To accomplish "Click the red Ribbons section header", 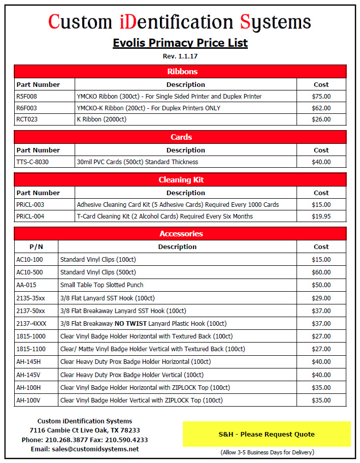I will pyautogui.click(x=180, y=71).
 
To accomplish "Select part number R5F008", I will pyautogui.click(x=26, y=96).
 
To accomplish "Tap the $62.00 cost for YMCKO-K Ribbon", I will pyautogui.click(x=321, y=108).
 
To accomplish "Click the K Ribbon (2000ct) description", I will pyautogui.click(x=102, y=119).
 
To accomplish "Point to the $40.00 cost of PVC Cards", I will pyautogui.click(x=321, y=162).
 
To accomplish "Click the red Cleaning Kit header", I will pyautogui.click(x=180, y=180).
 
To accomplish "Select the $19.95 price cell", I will pyautogui.click(x=321, y=217).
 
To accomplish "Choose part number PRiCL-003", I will pyautogui.click(x=30, y=205).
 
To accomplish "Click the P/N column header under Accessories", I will pyautogui.click(x=36, y=246).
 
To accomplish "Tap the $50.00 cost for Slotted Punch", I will pyautogui.click(x=321, y=285).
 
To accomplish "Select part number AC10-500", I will pyautogui.click(x=29, y=272).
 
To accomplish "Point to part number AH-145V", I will pyautogui.click(x=28, y=375).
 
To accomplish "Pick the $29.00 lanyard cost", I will pyautogui.click(x=321, y=298).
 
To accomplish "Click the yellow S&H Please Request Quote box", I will pyautogui.click(x=267, y=434).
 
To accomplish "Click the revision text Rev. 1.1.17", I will pyautogui.click(x=180, y=56).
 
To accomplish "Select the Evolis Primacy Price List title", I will pyautogui.click(x=180, y=43).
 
